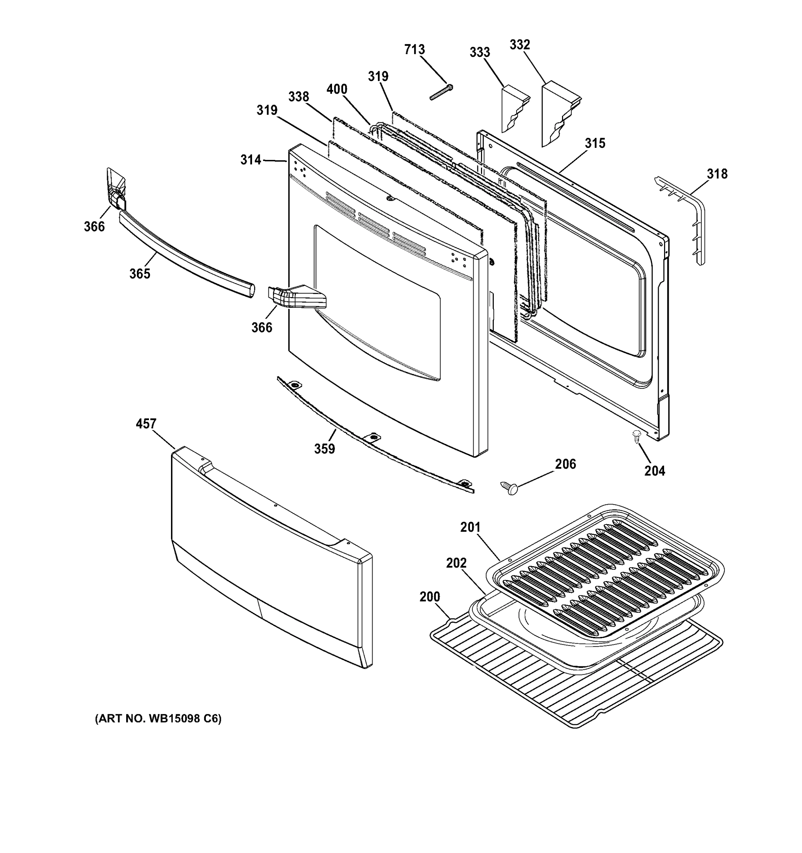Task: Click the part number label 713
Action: [x=414, y=50]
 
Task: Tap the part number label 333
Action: [x=479, y=52]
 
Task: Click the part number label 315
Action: [x=595, y=143]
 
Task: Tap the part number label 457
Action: [x=146, y=424]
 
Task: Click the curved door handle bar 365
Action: [x=185, y=253]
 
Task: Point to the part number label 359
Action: [x=325, y=449]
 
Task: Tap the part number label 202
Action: [x=456, y=563]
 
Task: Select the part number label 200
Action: [x=429, y=597]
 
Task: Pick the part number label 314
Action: [x=251, y=160]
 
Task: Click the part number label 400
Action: [x=337, y=89]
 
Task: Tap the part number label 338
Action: [x=298, y=97]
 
